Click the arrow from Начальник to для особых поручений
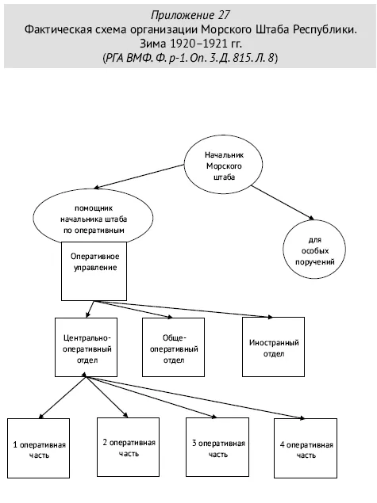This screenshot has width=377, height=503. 283,203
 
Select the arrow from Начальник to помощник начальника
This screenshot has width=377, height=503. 139,177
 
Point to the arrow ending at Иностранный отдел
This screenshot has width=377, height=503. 183,309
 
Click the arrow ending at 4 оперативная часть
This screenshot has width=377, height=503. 195,398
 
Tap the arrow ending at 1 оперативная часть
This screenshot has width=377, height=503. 63,398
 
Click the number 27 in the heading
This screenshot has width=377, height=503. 224,15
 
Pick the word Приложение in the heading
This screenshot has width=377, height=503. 183,15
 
